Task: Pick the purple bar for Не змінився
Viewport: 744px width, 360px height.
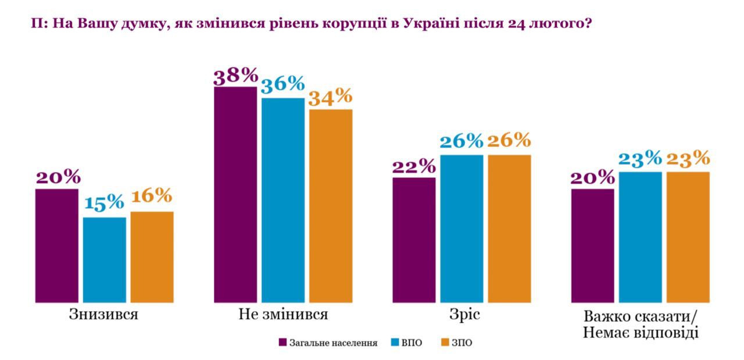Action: click(x=235, y=195)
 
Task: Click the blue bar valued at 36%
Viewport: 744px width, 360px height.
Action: click(x=282, y=201)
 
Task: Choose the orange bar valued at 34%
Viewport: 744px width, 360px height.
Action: click(x=330, y=206)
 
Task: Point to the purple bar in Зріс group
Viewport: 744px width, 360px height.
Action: click(x=414, y=240)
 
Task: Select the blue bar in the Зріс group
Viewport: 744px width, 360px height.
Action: click(x=462, y=229)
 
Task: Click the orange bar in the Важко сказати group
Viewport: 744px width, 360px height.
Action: click(x=688, y=237)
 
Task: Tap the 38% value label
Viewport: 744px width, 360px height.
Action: click(x=235, y=76)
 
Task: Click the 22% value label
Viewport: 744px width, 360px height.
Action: click(x=414, y=166)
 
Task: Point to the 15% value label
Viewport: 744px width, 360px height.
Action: click(x=105, y=203)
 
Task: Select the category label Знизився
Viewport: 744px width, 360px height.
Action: click(x=104, y=315)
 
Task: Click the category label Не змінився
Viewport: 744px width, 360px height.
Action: click(x=283, y=315)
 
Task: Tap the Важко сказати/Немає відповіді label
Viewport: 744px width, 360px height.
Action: click(x=640, y=325)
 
